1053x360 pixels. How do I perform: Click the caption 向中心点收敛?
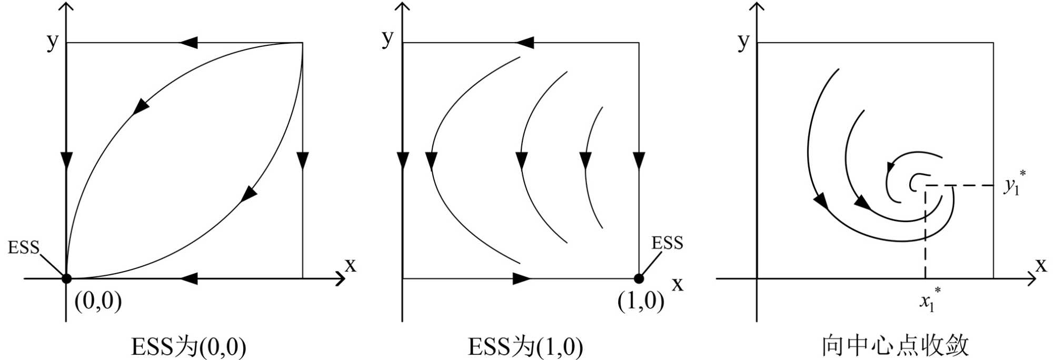[x=895, y=346]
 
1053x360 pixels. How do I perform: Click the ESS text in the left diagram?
[x=23, y=247]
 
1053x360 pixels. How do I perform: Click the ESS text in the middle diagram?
[x=667, y=243]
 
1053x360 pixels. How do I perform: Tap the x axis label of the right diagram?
[x=1040, y=265]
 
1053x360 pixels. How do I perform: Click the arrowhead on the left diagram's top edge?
[x=189, y=43]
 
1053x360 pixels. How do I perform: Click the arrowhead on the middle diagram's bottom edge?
[x=522, y=278]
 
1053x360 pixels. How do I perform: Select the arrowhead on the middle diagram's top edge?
[x=525, y=43]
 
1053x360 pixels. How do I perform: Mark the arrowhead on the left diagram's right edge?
[x=302, y=159]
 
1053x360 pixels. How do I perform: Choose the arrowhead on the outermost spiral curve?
[x=820, y=200]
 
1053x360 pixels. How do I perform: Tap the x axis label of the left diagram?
[x=350, y=265]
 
